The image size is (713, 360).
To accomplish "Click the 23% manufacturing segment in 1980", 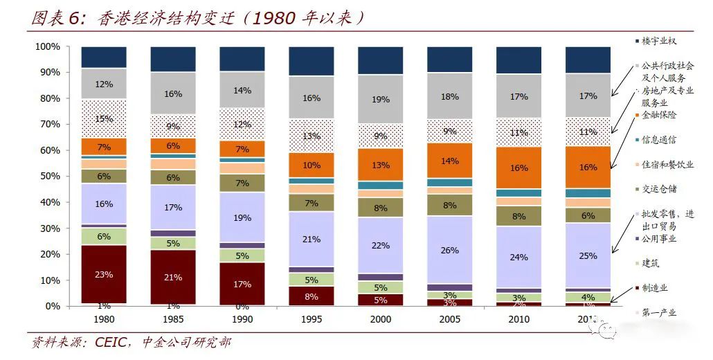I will (x=104, y=274).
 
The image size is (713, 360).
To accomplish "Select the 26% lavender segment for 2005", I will (x=449, y=250).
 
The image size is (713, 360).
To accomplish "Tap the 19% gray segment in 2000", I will (x=380, y=100).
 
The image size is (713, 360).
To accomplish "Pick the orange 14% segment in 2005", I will (x=449, y=161).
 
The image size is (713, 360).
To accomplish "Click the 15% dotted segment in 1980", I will (x=104, y=119).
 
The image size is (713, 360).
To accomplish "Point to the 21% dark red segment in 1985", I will (x=173, y=277).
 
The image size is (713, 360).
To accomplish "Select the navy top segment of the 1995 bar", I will (x=311, y=61).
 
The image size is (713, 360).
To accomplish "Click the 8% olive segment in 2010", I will (x=518, y=216).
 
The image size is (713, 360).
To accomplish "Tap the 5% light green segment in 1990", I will (x=242, y=255).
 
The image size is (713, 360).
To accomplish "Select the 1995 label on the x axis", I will (x=311, y=319).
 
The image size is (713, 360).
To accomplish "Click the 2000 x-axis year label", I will (x=380, y=319).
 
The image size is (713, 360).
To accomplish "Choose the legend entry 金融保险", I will (x=658, y=115).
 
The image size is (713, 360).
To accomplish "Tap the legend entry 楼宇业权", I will (x=658, y=41).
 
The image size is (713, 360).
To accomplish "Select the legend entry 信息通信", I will (x=658, y=140).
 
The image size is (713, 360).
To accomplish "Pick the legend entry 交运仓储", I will (x=658, y=189).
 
